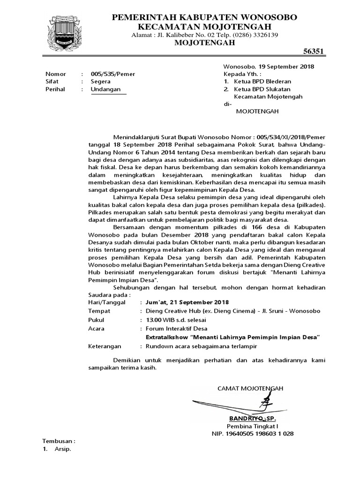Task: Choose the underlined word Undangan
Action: pyautogui.click(x=105, y=89)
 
